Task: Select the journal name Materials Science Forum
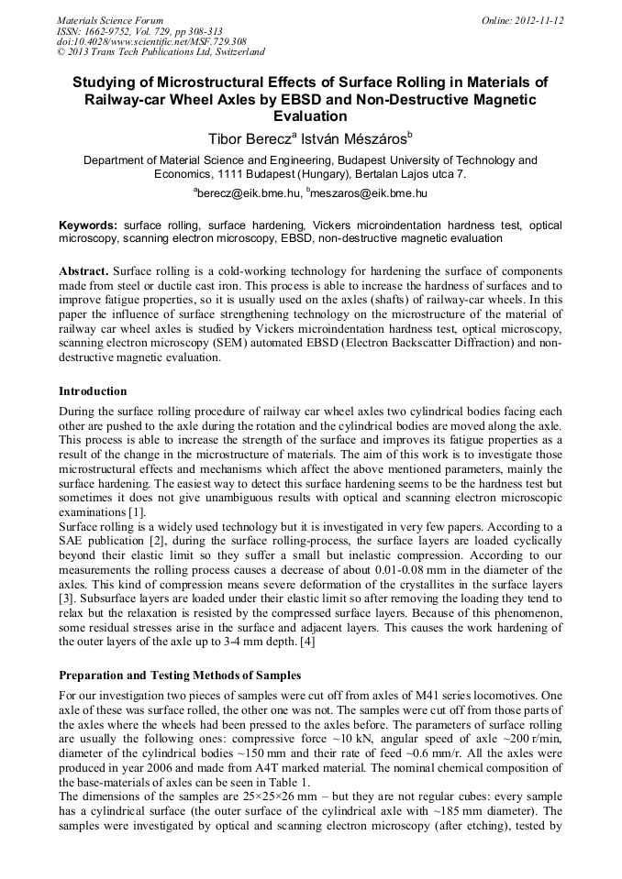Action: coord(110,20)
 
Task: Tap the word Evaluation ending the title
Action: coord(310,116)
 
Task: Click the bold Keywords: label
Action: coord(88,225)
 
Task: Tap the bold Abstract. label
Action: coord(85,273)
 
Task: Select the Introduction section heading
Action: coord(93,391)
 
